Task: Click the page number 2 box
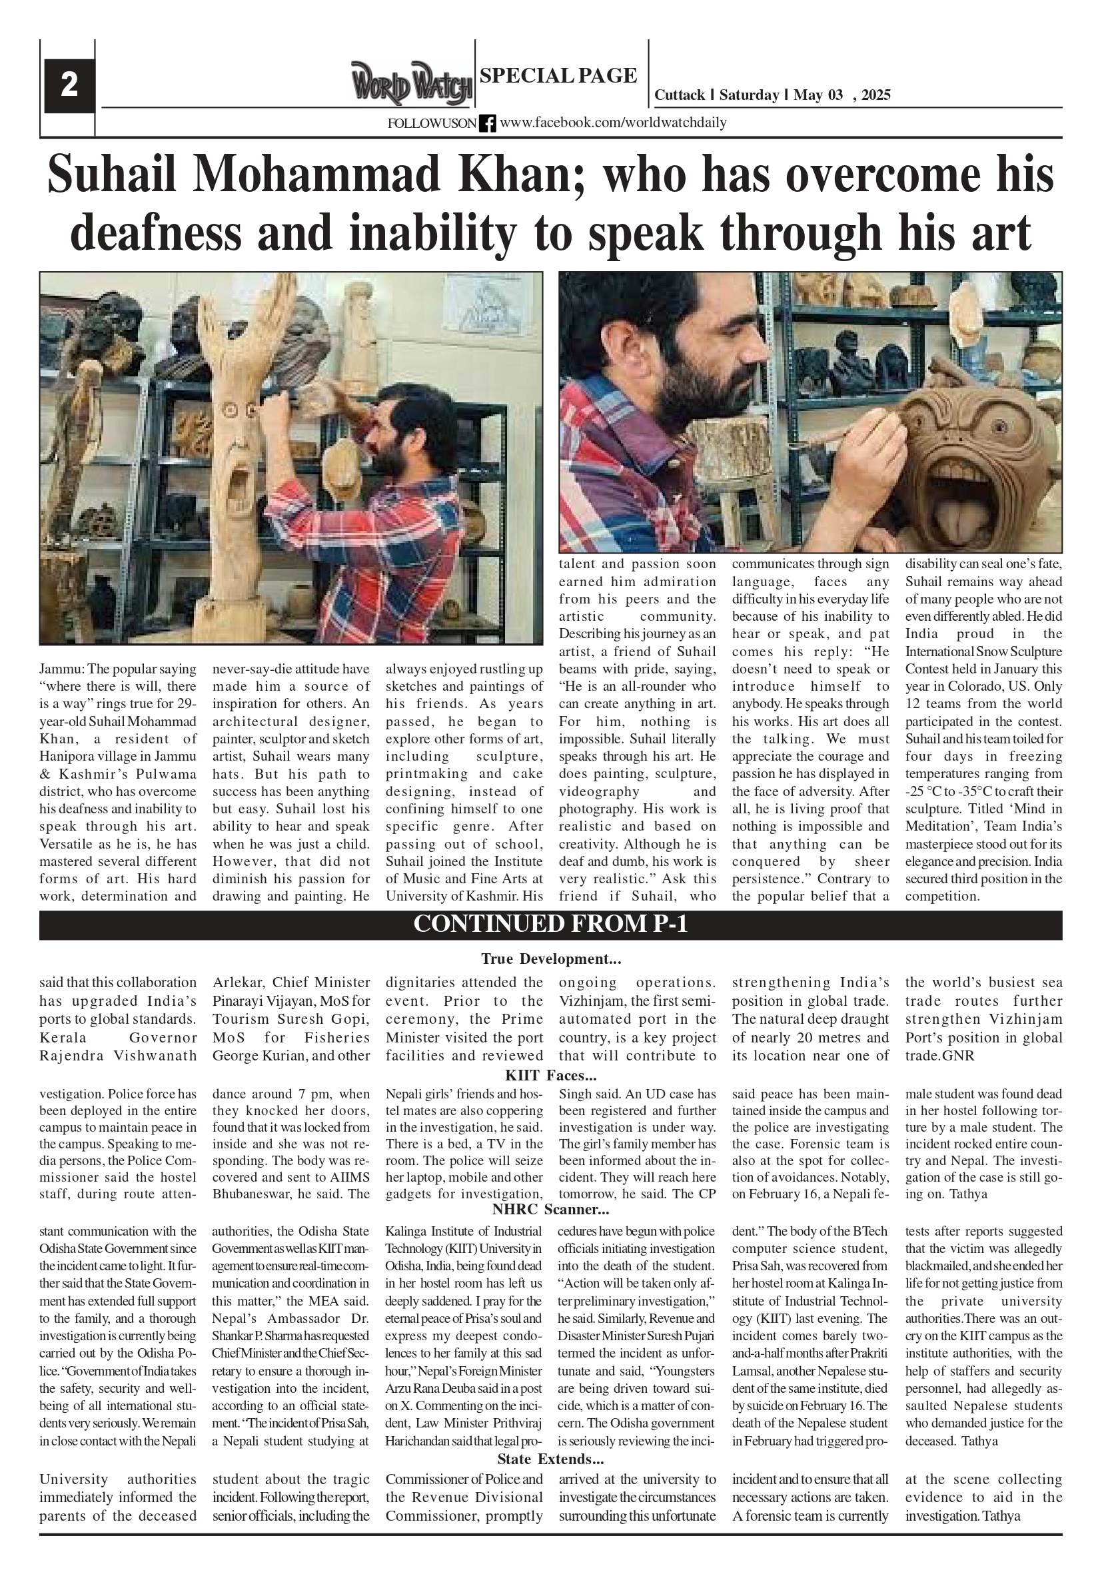(69, 86)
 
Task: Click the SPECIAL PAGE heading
(558, 75)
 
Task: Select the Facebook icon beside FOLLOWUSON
(487, 123)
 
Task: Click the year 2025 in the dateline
(875, 95)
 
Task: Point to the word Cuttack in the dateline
(679, 95)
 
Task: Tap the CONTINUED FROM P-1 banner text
(550, 925)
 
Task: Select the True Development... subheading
(550, 959)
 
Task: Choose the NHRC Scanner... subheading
(550, 1209)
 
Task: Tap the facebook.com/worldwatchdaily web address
(613, 123)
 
